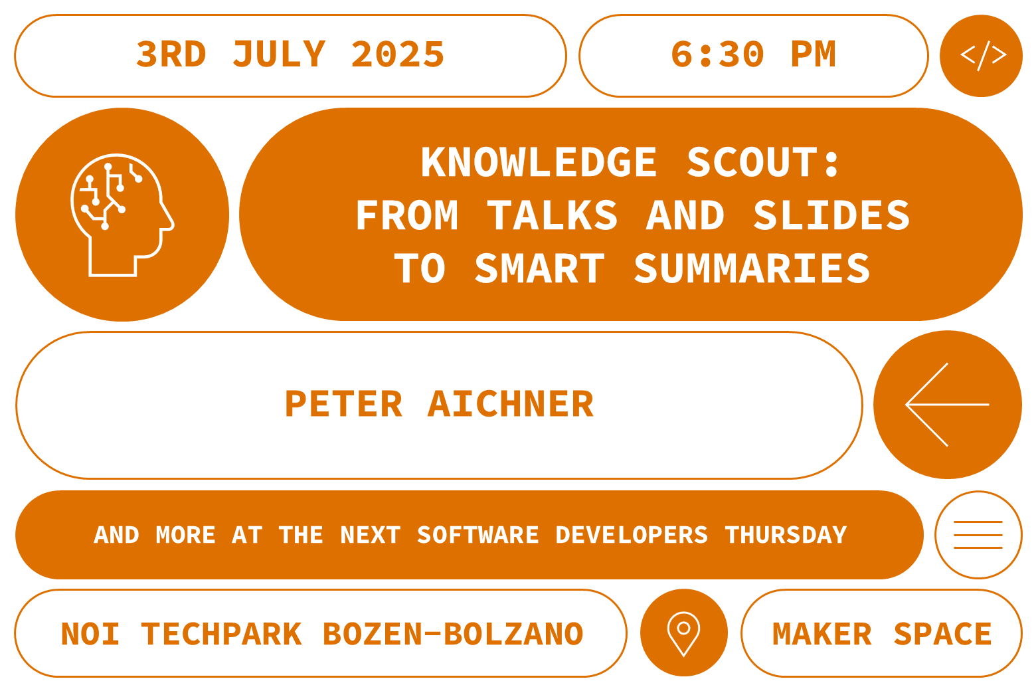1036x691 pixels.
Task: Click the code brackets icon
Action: (x=984, y=56)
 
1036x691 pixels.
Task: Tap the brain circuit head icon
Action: (x=122, y=215)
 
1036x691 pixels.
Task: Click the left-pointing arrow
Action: (x=947, y=405)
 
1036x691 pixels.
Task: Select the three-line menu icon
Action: (x=978, y=535)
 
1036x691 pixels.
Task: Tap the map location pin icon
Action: (x=683, y=634)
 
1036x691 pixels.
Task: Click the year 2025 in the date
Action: (x=398, y=54)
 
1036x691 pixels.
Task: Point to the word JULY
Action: (x=280, y=54)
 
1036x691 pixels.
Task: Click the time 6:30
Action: (x=717, y=54)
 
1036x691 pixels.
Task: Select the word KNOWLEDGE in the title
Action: (x=539, y=162)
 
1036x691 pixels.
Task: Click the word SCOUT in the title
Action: (x=752, y=162)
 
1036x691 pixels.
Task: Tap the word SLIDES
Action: (x=831, y=215)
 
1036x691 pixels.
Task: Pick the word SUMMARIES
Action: (x=752, y=268)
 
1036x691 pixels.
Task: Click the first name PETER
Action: (x=343, y=404)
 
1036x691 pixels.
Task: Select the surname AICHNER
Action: (x=511, y=404)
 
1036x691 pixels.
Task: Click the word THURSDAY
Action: (x=786, y=535)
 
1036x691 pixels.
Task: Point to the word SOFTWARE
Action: (x=478, y=535)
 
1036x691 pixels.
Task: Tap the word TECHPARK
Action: (x=222, y=634)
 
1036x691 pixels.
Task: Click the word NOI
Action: (x=90, y=634)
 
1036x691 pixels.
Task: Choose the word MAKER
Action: (x=822, y=634)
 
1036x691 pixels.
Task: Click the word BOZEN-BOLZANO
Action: (x=453, y=634)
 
